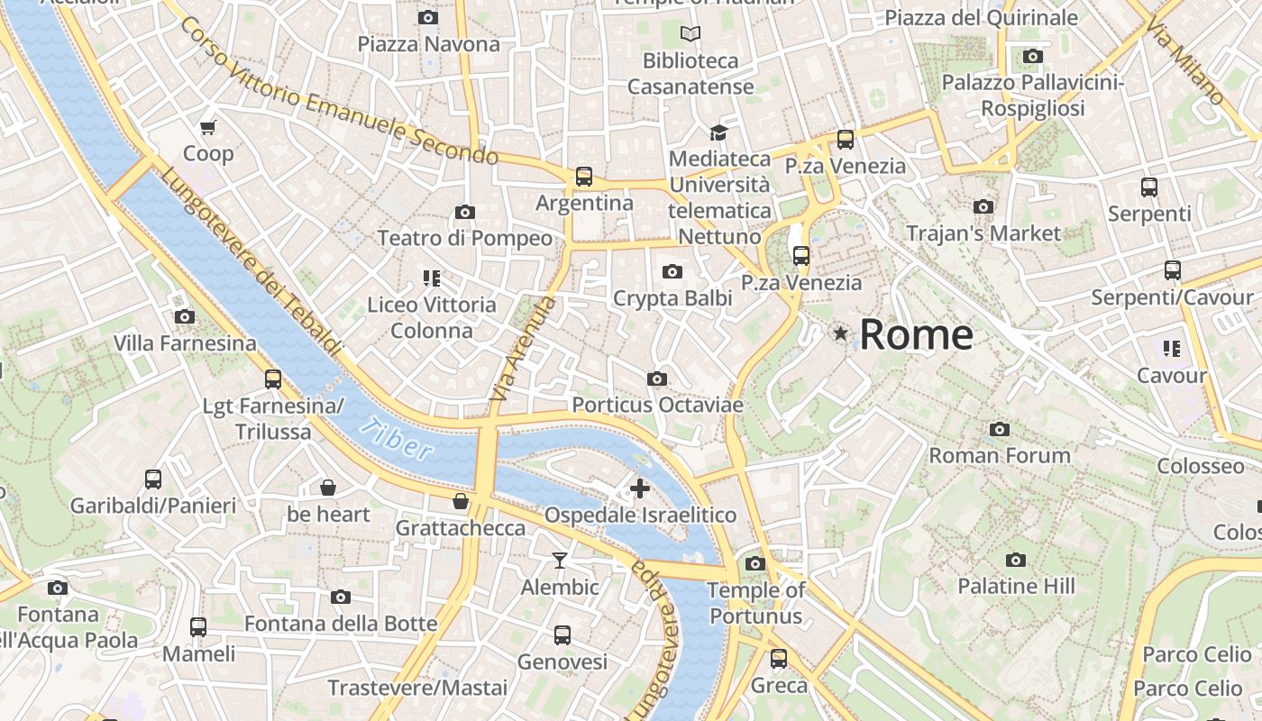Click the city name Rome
[916, 334]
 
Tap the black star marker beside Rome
[841, 334]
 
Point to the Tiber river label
[396, 439]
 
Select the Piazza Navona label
[428, 44]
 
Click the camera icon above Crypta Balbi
[672, 271]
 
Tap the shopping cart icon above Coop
[208, 127]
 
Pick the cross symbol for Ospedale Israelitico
[640, 489]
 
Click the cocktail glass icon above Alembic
[560, 561]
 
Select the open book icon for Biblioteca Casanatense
[690, 34]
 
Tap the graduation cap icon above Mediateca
[718, 132]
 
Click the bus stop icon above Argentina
[584, 177]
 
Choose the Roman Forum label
[1000, 455]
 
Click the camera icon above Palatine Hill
[1016, 560]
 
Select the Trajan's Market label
[983, 233]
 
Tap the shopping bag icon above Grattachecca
[461, 501]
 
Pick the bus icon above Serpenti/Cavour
[1172, 269]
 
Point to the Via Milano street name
[1184, 61]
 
